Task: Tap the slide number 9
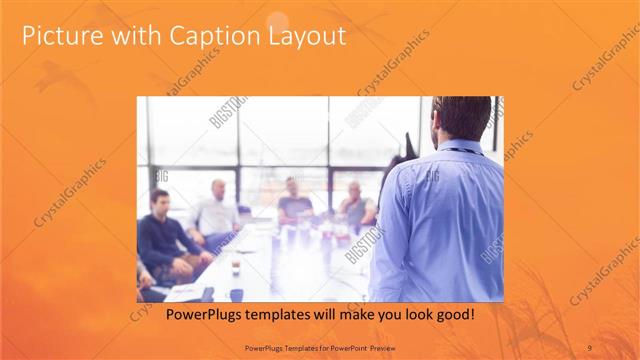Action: (589, 347)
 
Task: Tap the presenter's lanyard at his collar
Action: (458, 151)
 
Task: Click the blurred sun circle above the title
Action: (278, 20)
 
